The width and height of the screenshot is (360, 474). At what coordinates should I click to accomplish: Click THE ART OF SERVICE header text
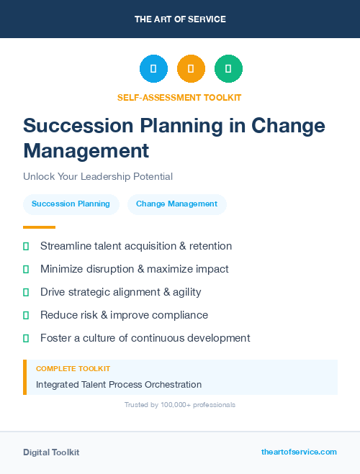pos(180,19)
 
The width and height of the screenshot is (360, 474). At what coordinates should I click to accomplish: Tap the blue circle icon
pos(153,69)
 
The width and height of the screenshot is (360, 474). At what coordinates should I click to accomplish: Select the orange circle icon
pos(191,69)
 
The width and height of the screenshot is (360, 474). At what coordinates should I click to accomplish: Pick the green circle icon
pos(228,69)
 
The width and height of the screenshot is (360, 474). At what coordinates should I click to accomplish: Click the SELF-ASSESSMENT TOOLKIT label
pos(179,97)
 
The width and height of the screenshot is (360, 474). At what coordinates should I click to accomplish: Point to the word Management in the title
pos(86,150)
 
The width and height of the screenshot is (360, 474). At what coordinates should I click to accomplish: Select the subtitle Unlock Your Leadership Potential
pos(98,176)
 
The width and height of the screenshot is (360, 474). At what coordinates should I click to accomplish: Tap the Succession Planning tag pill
pos(71,204)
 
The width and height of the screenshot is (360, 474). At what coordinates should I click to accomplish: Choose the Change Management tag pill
pos(176,204)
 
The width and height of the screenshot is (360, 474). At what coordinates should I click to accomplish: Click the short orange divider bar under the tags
pos(39,227)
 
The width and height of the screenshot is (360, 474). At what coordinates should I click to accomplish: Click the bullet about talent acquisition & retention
pos(136,246)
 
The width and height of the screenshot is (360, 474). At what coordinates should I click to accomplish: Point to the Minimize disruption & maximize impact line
pos(134,269)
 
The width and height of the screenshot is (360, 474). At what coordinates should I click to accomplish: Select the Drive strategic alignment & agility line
pos(120,292)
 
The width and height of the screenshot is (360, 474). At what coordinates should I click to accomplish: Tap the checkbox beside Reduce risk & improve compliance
pos(26,315)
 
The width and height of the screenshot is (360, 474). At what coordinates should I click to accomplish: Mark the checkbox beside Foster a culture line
pos(26,338)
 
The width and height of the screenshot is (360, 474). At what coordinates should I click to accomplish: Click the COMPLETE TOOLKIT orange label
pos(73,368)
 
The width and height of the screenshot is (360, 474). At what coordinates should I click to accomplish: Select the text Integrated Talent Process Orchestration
pos(119,385)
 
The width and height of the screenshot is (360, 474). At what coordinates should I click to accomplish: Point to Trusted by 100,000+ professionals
pos(179,405)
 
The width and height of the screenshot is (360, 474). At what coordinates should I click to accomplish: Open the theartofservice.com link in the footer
pos(299,452)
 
